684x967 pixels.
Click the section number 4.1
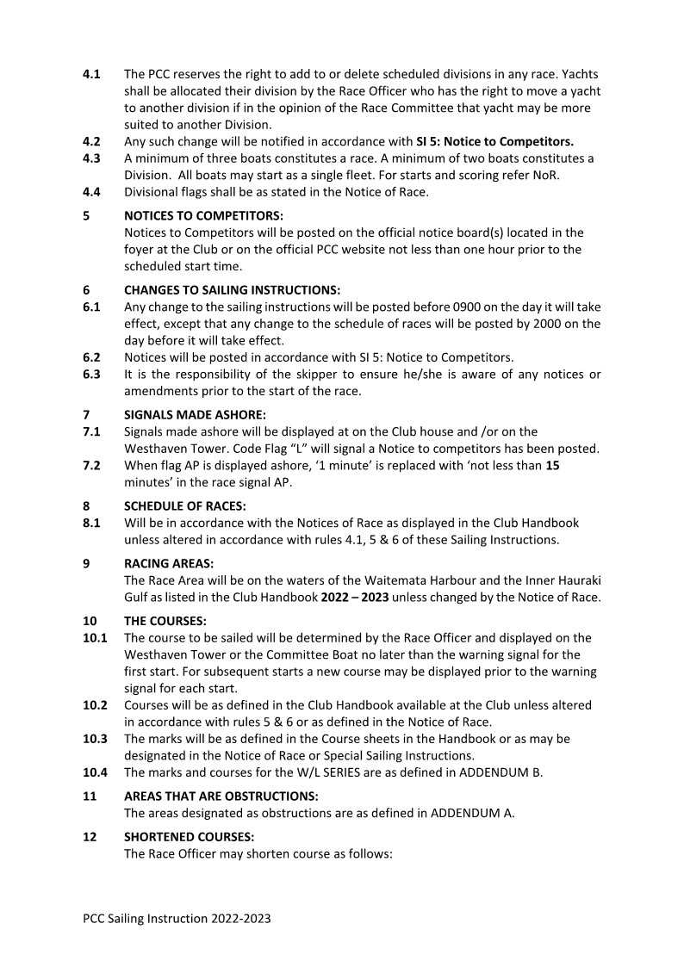tap(91, 74)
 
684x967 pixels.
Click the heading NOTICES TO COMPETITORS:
tap(203, 215)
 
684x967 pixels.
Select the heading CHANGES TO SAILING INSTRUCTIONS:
tap(232, 290)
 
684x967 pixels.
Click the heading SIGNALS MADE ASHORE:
tap(195, 414)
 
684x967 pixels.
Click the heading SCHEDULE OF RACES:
tap(185, 505)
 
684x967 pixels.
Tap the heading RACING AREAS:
tap(169, 564)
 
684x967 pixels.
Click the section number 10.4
tap(95, 772)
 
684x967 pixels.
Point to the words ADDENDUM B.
tap(501, 772)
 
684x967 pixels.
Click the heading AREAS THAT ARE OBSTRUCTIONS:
tap(221, 797)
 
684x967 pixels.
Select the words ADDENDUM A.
tap(473, 813)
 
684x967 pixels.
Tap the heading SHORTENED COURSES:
tap(190, 837)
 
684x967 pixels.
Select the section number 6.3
tap(91, 375)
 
